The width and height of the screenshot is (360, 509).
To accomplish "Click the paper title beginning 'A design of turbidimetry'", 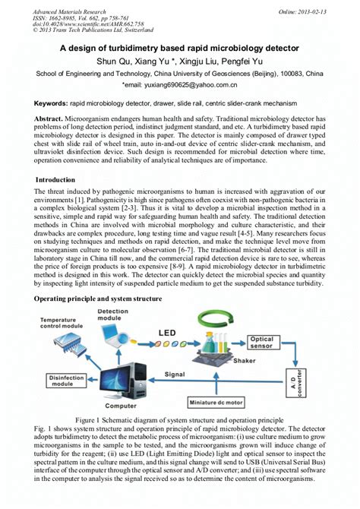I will [179, 48].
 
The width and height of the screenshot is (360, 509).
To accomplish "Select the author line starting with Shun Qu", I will [179, 61].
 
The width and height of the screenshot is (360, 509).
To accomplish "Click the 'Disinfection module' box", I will [60, 382].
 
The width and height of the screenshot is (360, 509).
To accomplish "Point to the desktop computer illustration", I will [131, 380].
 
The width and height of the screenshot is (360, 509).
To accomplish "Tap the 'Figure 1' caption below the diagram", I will [179, 419].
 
